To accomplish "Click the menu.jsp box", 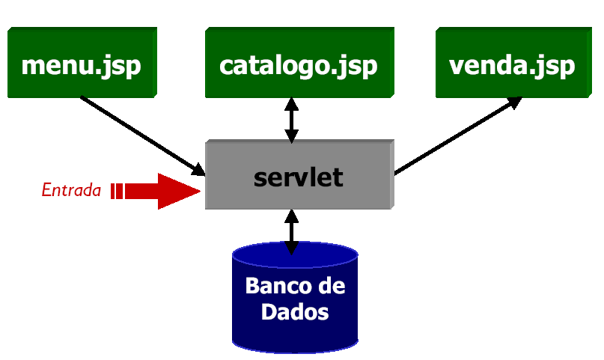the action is [82, 62].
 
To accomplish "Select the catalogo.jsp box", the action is [299, 62].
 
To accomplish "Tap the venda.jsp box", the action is [513, 62].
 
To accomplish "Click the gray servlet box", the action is [299, 174].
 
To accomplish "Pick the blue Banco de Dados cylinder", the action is [295, 297].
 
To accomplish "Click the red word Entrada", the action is [71, 190].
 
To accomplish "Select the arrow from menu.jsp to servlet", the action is [143, 136].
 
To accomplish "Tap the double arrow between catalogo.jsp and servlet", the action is [292, 120].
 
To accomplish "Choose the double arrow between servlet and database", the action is [292, 232].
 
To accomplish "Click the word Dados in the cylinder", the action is [295, 312].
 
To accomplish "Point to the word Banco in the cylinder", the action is [275, 286].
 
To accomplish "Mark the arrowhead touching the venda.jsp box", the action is [515, 103].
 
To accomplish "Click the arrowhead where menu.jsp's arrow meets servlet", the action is [198, 170].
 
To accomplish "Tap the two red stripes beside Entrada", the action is [117, 191].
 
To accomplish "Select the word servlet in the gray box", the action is [299, 177].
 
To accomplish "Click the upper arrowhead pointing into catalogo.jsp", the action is [292, 104].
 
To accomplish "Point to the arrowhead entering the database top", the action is [292, 248].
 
